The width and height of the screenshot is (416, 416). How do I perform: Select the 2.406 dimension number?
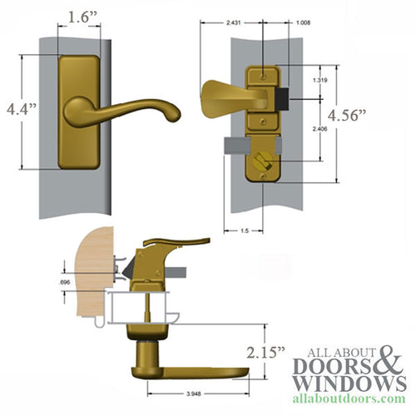coord(319,130)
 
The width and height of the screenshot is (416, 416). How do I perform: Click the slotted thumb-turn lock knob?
coord(265,159)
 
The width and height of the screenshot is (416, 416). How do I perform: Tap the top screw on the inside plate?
coord(265,74)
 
